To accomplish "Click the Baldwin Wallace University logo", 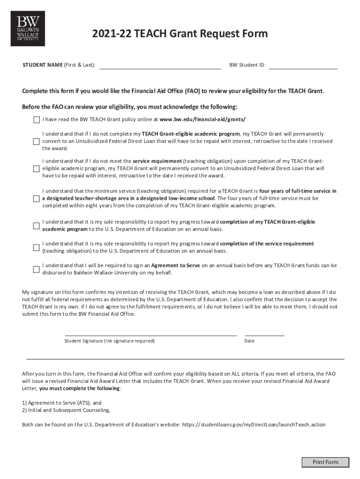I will coord(28,28).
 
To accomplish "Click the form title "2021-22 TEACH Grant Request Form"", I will coord(180,34).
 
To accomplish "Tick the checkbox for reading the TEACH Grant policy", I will coord(36,120).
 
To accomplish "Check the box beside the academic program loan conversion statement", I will coord(36,141).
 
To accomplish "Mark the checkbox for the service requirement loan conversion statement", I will coord(36,168).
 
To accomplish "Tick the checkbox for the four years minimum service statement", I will coord(36,198).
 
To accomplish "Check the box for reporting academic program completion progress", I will coord(36,225).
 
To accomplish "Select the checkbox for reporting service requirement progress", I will coord(36,247).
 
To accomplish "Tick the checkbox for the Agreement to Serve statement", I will coord(36,269).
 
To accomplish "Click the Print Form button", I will coord(325,462).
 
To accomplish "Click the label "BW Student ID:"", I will coord(247,65).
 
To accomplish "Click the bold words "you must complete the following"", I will coord(79,388).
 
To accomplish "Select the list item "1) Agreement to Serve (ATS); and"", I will coord(62,403).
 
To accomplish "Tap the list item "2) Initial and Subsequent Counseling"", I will coord(66,410).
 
